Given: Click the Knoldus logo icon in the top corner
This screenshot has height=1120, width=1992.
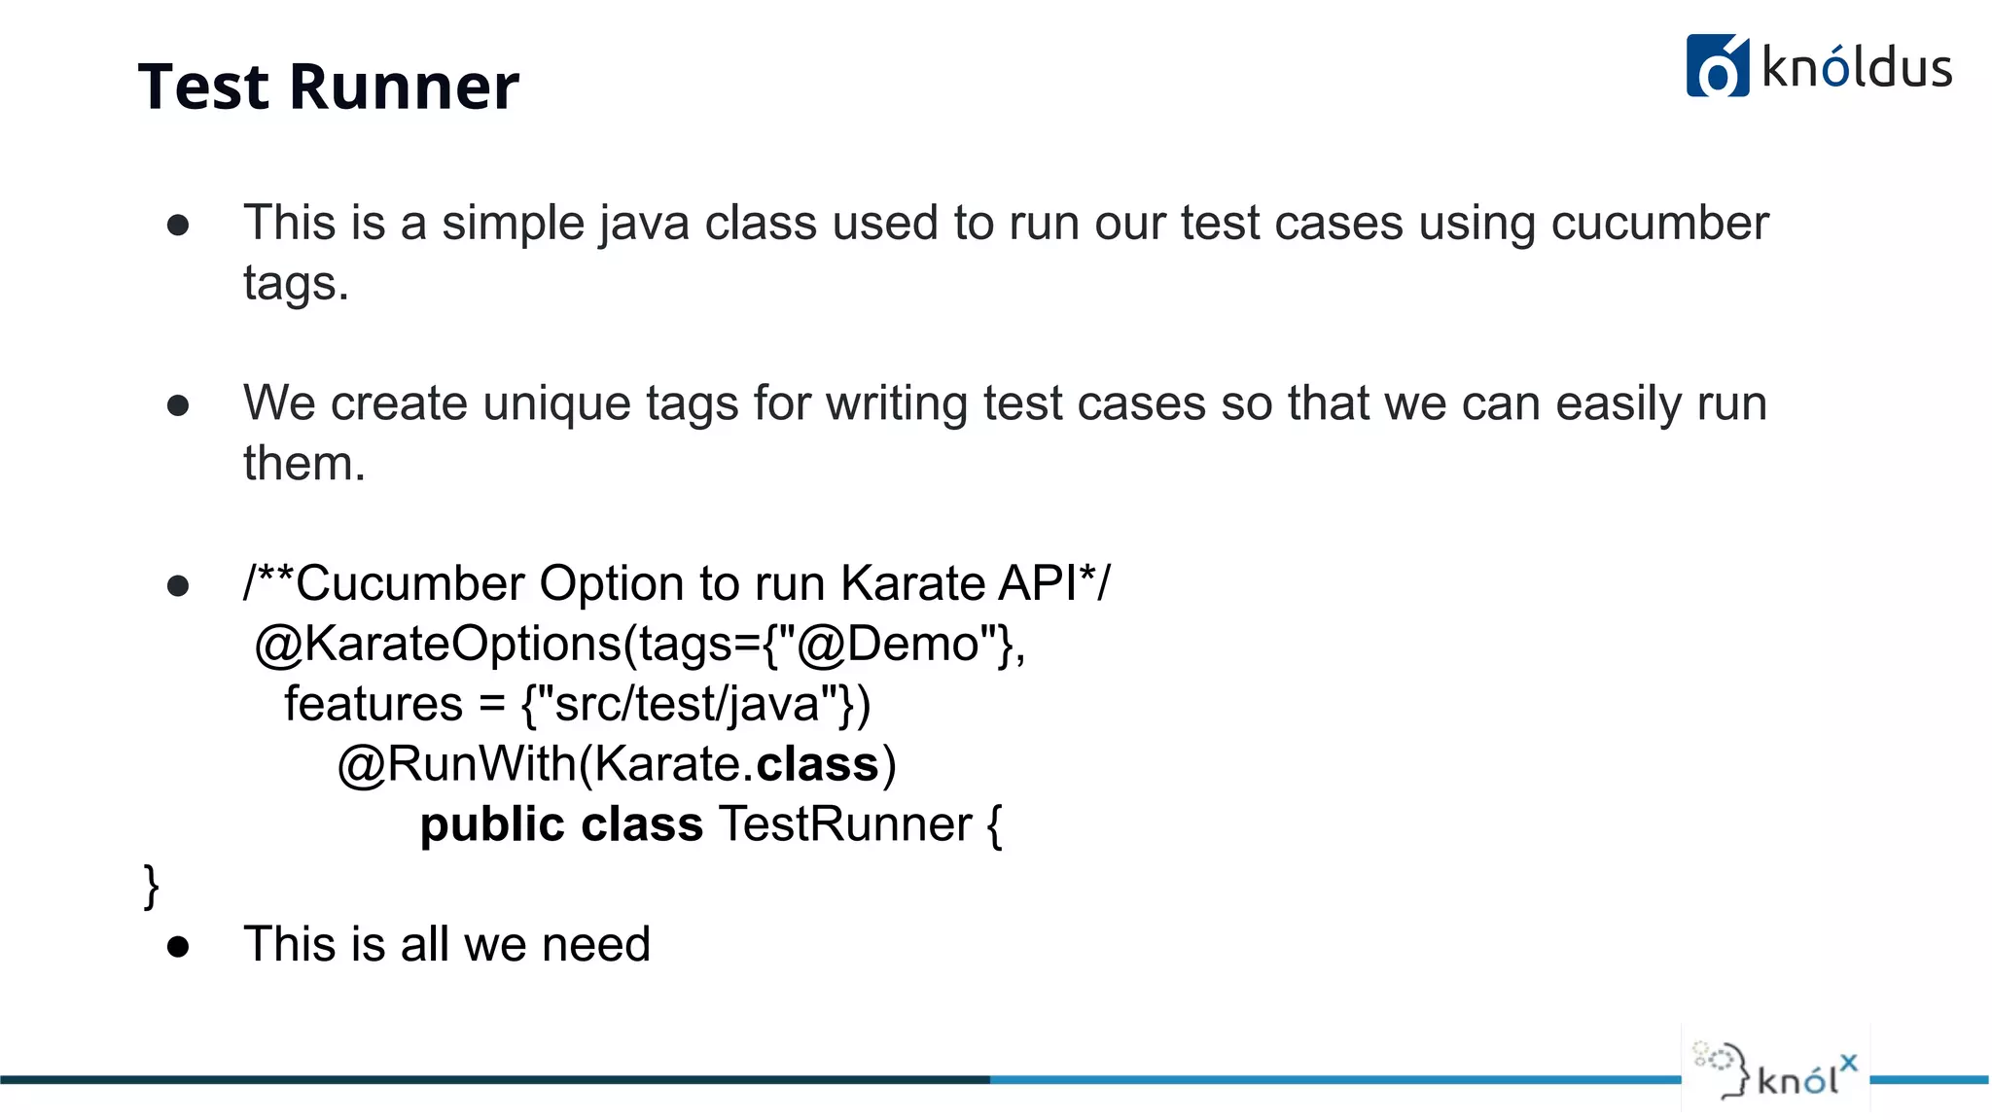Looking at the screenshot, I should point(1717,66).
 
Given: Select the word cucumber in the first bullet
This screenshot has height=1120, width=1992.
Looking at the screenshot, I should point(1659,223).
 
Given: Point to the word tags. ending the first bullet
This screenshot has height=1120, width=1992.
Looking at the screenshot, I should point(296,284).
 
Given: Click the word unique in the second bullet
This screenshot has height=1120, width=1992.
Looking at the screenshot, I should point(556,402).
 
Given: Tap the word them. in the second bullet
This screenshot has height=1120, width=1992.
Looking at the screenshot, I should point(303,463).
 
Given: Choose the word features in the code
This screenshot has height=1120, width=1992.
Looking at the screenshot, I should point(373,704).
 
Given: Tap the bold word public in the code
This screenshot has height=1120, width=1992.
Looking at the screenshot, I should point(492,824).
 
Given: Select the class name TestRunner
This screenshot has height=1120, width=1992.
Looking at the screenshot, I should point(844,824).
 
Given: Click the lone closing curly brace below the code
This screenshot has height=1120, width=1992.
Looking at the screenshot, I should point(151,885).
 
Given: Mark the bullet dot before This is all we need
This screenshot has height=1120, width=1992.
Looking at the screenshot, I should point(178,946).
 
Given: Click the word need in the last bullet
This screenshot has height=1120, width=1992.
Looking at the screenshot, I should point(595,944).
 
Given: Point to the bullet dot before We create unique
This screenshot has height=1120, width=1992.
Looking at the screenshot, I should point(178,404).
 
